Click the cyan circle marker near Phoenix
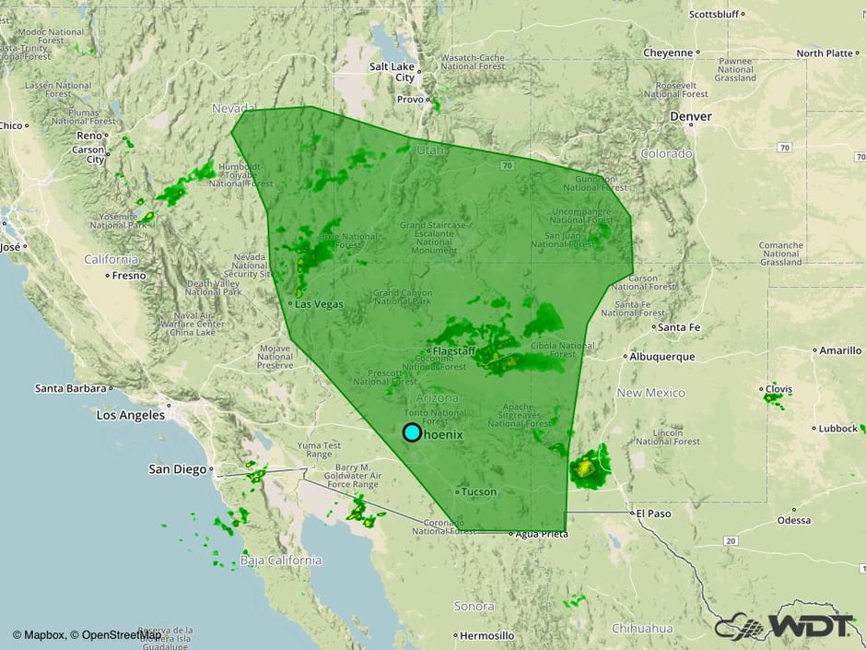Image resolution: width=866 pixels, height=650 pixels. [x=412, y=431]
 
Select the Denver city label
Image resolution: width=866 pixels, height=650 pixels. [x=691, y=117]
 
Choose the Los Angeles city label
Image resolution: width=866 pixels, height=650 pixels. [x=131, y=415]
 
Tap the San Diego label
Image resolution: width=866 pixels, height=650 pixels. [x=178, y=469]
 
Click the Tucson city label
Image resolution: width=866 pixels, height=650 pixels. [x=478, y=491]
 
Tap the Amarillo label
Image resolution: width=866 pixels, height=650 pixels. [x=841, y=350]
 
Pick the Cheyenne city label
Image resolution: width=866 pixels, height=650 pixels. [x=669, y=53]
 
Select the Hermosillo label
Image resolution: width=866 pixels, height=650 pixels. [x=487, y=635]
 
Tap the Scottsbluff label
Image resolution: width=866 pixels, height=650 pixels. [x=715, y=15]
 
